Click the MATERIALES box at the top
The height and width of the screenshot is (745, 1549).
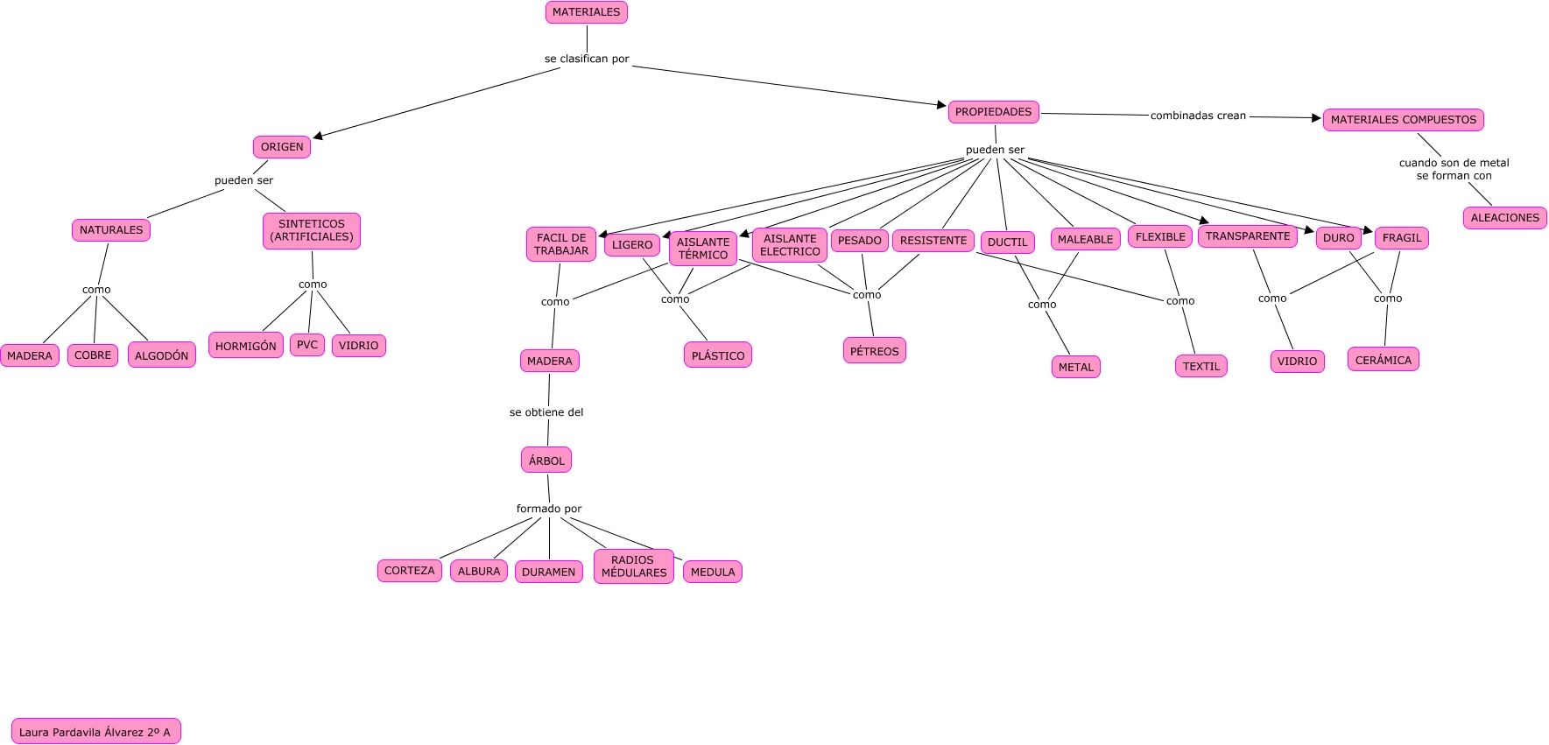click(x=586, y=12)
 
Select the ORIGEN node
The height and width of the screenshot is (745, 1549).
click(x=282, y=147)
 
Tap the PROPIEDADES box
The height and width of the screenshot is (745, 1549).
click(x=993, y=112)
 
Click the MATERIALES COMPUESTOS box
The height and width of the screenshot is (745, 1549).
click(x=1403, y=120)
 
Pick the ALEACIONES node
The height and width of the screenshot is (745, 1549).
click(x=1504, y=218)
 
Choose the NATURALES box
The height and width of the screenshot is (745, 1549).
click(x=111, y=230)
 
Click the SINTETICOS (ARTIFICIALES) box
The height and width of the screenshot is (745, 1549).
click(x=312, y=231)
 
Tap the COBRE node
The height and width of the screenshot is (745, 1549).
click(x=93, y=355)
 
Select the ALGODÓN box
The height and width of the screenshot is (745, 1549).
click(x=162, y=355)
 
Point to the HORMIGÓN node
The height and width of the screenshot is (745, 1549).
click(x=246, y=346)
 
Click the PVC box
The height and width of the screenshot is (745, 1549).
click(x=307, y=345)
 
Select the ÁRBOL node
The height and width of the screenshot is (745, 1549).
click(x=546, y=460)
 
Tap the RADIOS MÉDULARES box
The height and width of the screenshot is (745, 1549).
click(x=634, y=566)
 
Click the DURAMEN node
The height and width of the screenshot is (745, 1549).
click(x=549, y=572)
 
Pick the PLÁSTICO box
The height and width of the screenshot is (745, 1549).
click(x=718, y=355)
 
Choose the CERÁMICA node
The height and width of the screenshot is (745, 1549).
click(x=1384, y=360)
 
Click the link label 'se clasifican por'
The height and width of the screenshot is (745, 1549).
click(x=587, y=59)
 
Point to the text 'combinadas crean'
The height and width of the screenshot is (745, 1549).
click(x=1198, y=116)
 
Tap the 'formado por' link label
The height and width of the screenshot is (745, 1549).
click(x=549, y=509)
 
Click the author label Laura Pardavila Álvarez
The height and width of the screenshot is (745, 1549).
click(x=95, y=732)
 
